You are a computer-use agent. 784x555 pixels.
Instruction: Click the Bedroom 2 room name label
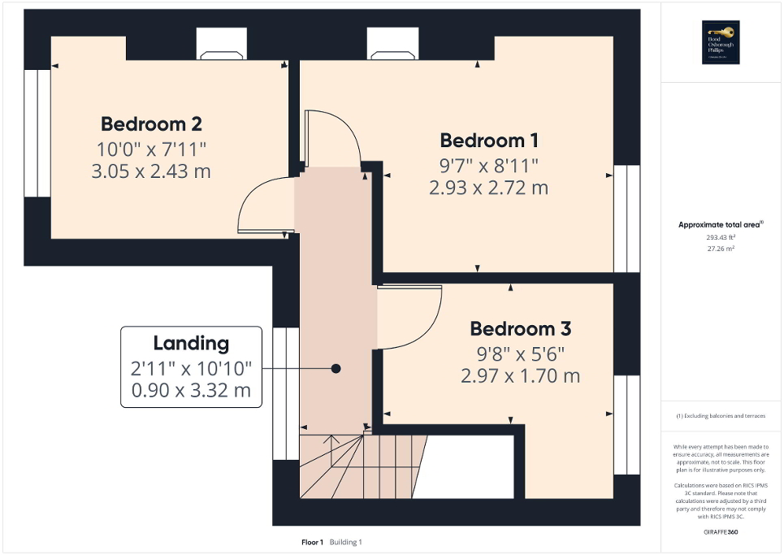[151, 124]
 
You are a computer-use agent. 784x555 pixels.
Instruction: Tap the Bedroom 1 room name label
[489, 140]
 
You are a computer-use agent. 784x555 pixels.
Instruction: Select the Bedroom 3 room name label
[520, 329]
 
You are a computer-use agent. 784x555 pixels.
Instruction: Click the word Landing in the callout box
[191, 343]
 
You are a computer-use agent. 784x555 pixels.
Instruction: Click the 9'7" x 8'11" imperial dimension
[489, 165]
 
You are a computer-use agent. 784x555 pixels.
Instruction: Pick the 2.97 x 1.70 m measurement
[520, 375]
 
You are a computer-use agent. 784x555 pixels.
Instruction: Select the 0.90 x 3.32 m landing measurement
[191, 392]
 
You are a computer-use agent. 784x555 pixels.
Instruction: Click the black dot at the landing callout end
[335, 368]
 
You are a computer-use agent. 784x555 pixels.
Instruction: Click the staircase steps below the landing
[362, 467]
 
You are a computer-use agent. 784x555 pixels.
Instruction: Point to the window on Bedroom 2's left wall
[37, 133]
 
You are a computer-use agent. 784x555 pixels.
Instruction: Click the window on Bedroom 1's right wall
[626, 218]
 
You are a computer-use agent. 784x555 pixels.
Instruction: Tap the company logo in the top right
[720, 41]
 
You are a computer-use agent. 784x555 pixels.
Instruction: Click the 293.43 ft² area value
[719, 237]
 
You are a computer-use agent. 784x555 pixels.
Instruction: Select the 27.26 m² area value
[719, 249]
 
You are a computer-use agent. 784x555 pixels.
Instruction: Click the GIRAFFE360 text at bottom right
[719, 531]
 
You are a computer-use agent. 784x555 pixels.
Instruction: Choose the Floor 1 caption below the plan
[312, 542]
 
